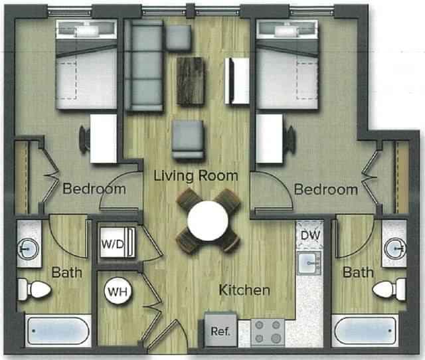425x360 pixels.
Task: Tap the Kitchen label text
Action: click(x=245, y=290)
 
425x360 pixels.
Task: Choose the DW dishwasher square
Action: click(x=309, y=234)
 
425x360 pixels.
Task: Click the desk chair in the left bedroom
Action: click(x=86, y=139)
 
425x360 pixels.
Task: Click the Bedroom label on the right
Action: click(x=325, y=190)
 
